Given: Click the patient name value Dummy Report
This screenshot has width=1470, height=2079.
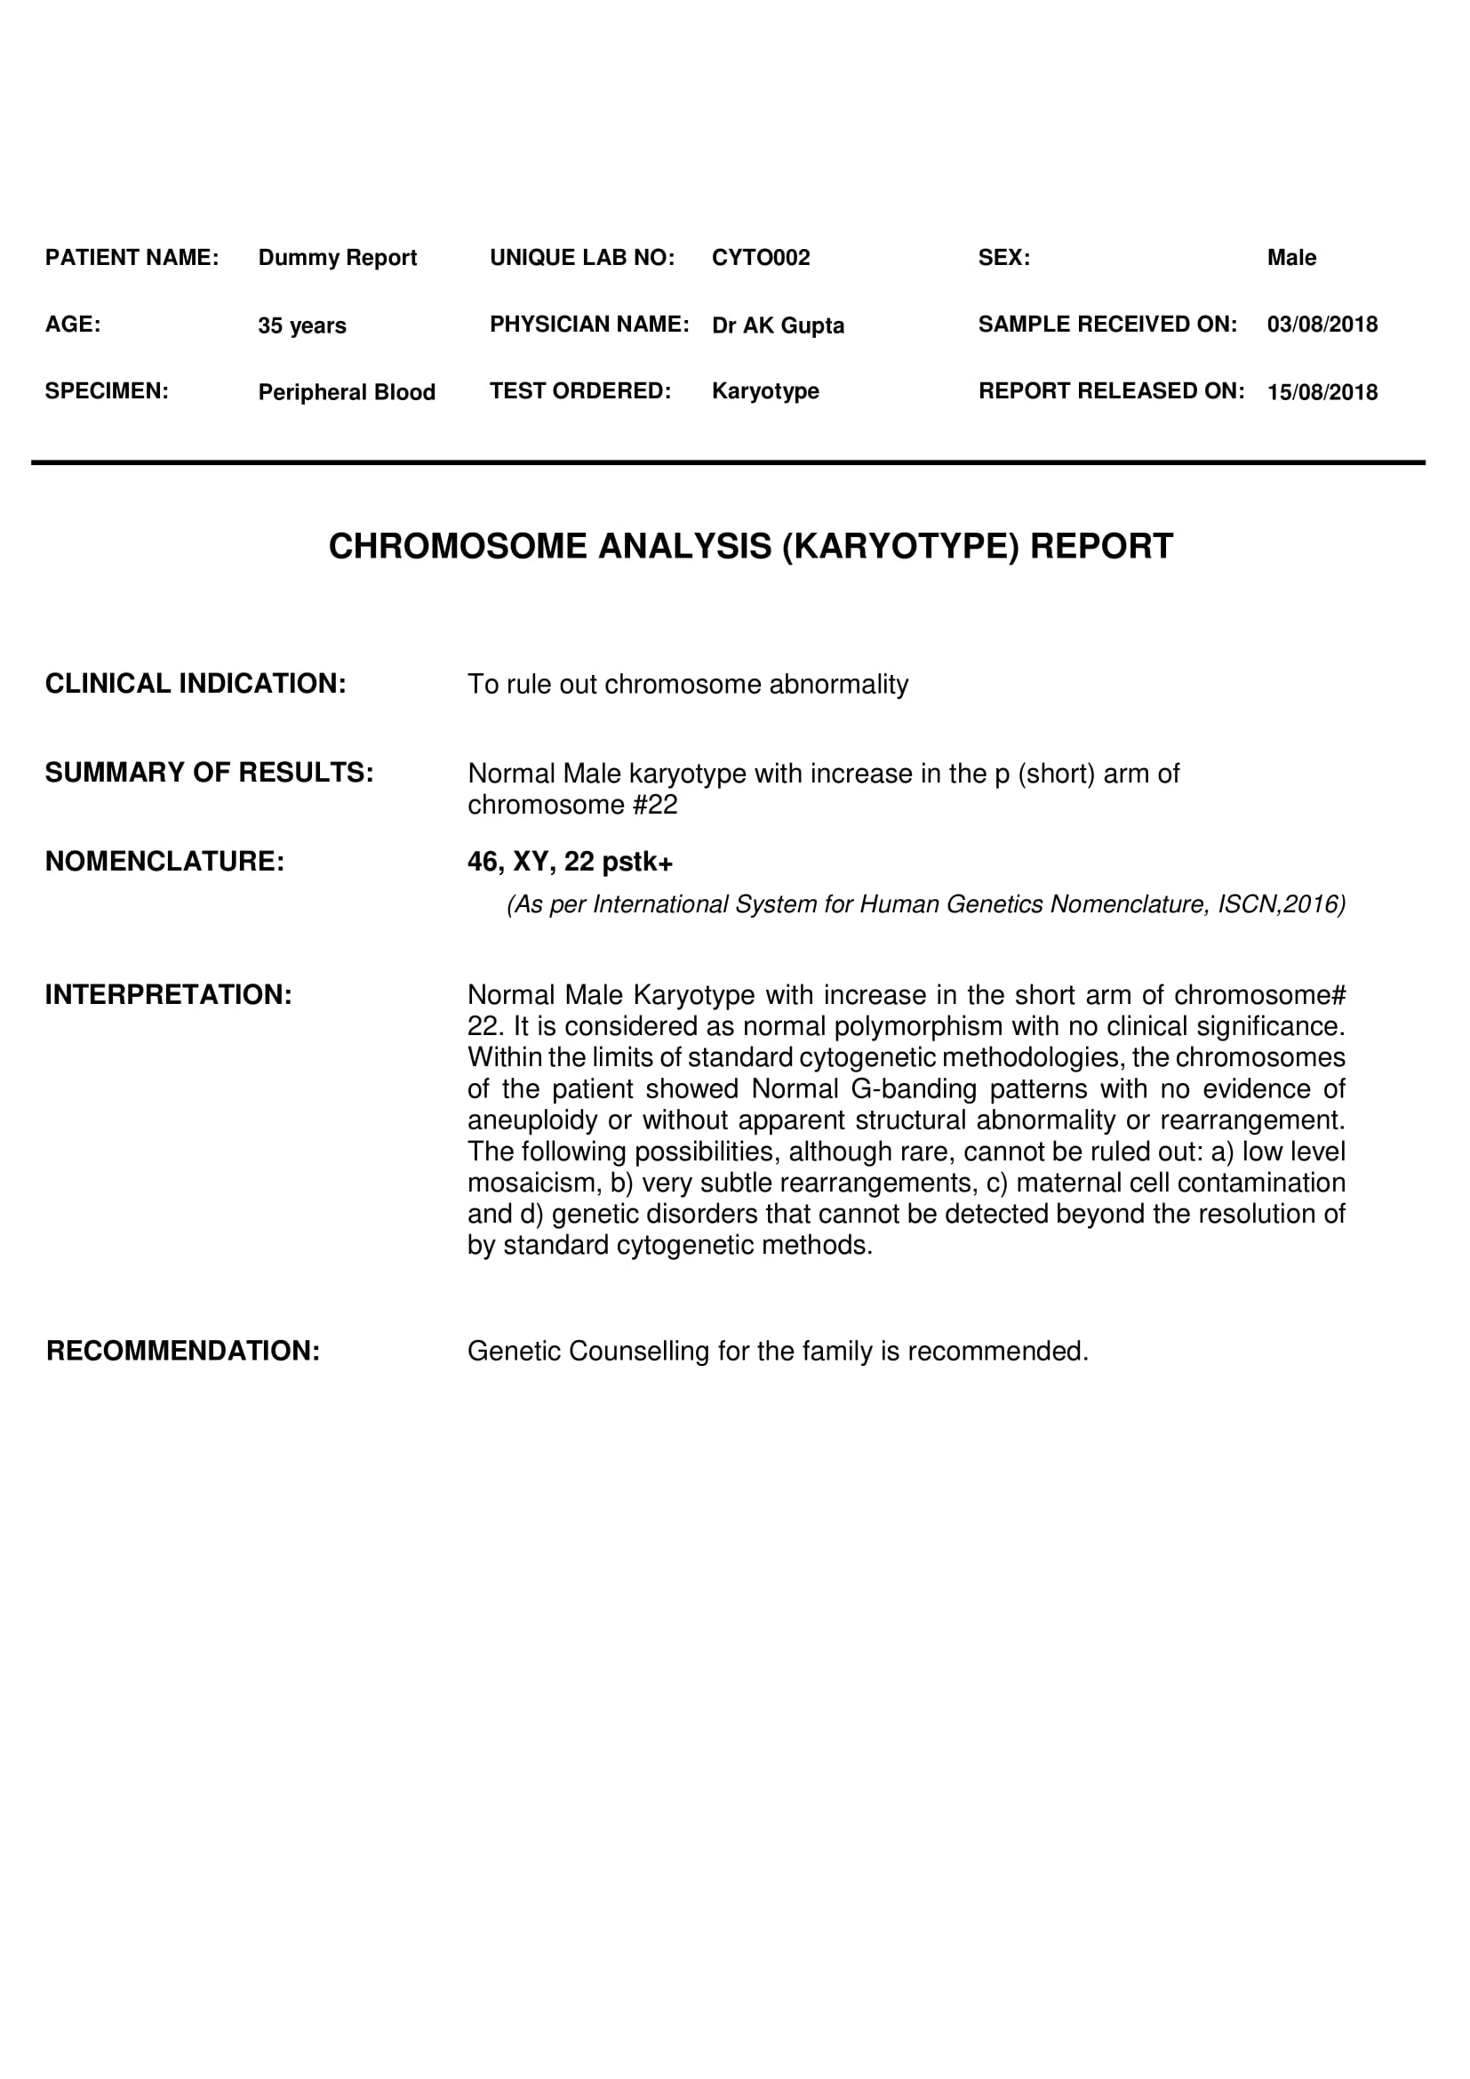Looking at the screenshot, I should click(337, 258).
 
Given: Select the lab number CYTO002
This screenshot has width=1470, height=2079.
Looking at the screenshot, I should click(761, 258).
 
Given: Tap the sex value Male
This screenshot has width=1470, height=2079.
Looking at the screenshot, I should click(1290, 258).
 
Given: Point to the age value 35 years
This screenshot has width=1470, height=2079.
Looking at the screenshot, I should click(301, 325).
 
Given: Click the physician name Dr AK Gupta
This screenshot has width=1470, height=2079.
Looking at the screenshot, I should click(778, 325).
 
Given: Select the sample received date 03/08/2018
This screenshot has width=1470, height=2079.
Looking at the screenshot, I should click(1322, 325).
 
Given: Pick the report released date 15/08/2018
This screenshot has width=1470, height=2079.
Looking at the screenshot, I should click(1322, 392).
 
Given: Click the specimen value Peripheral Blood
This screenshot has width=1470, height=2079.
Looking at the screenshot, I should click(347, 392).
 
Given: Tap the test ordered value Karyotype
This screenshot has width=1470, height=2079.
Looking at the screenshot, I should click(765, 391).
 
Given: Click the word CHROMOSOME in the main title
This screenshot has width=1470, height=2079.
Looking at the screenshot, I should click(458, 547).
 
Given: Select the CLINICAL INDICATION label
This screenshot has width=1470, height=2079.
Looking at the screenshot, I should click(196, 684).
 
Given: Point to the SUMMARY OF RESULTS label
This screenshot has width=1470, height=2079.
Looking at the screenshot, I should click(209, 773).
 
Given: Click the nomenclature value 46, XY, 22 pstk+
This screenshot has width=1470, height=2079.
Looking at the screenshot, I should click(570, 861).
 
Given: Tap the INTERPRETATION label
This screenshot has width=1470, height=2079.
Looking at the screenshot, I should click(168, 995).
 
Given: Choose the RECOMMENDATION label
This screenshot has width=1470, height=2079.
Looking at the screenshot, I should click(183, 1351).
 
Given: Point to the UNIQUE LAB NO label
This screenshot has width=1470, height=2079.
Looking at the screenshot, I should click(582, 258).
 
